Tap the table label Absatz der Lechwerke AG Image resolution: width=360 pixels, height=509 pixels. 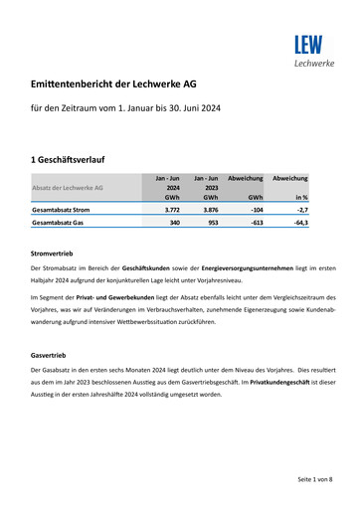(x=68, y=187)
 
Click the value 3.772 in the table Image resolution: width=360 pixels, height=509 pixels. (x=171, y=210)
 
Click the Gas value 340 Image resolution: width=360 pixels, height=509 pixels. (x=174, y=224)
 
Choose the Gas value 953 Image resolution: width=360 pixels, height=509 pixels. (x=213, y=224)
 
